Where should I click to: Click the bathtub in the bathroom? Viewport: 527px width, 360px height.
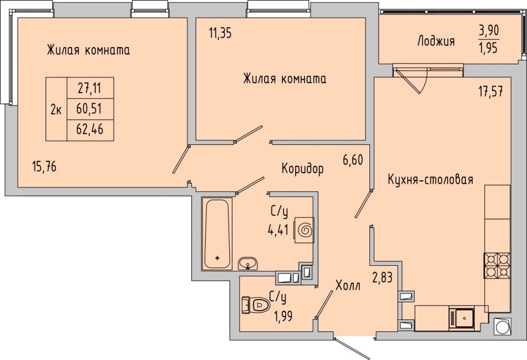(217, 234)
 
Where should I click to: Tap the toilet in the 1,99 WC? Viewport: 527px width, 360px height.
(256, 305)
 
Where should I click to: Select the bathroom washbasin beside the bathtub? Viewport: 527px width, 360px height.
(248, 263)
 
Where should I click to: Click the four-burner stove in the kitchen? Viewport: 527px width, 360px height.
(496, 266)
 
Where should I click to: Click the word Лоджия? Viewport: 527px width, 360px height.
(436, 41)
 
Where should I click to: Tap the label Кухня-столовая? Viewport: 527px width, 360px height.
(430, 179)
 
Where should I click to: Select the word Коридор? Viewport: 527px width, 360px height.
(302, 169)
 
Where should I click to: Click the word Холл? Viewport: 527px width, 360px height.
(348, 286)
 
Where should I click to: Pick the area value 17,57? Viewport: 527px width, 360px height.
(491, 92)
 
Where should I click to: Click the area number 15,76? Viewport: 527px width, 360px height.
(44, 166)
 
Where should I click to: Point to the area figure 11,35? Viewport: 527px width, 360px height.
(220, 34)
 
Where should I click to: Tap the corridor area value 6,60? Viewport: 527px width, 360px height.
(353, 160)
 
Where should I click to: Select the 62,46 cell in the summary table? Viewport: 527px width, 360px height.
(90, 129)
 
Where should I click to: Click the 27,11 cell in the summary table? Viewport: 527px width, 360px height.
(90, 88)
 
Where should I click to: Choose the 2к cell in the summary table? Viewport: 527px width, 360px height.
(56, 109)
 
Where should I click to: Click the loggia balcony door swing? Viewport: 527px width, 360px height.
(412, 80)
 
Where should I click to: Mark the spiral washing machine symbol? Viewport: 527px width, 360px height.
(305, 230)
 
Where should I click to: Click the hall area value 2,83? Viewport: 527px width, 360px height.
(382, 278)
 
